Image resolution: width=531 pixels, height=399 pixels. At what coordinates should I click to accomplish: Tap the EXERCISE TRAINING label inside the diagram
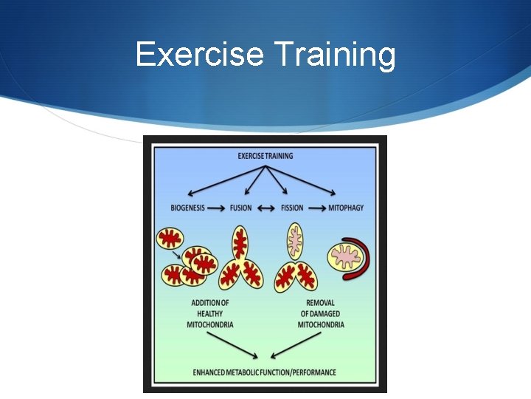pos(265,156)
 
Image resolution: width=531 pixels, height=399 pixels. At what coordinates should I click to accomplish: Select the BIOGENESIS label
pos(187,208)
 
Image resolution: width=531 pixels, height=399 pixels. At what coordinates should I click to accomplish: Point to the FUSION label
pos(240,208)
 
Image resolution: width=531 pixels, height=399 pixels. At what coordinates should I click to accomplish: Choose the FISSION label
pos(292,208)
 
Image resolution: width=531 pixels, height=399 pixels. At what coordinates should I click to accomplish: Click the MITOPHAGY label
pos(346,208)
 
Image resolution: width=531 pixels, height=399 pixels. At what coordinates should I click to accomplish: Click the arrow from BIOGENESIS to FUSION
pos(216,208)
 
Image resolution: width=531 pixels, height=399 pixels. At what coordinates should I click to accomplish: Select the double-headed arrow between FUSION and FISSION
pos(266,208)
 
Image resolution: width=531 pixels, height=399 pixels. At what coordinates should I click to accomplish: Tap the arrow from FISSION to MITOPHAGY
pos(316,208)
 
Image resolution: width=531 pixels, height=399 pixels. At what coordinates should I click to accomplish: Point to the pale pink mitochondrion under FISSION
pos(295,240)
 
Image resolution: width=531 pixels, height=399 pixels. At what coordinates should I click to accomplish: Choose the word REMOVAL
pos(321,303)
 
